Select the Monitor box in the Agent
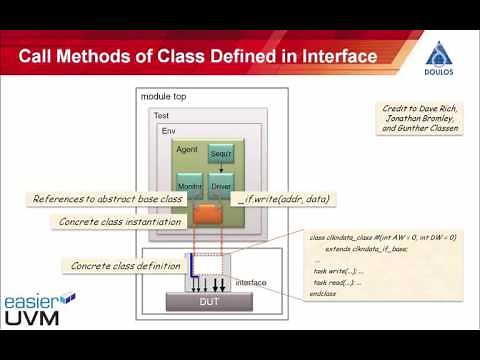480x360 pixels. point(190,189)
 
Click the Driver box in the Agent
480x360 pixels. point(221,189)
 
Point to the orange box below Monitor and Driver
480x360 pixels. point(209,213)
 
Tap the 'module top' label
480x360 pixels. point(165,96)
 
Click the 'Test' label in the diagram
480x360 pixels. point(160,116)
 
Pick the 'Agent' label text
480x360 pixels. point(187,148)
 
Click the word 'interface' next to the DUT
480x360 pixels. point(250,283)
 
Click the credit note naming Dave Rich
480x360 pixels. point(420,119)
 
